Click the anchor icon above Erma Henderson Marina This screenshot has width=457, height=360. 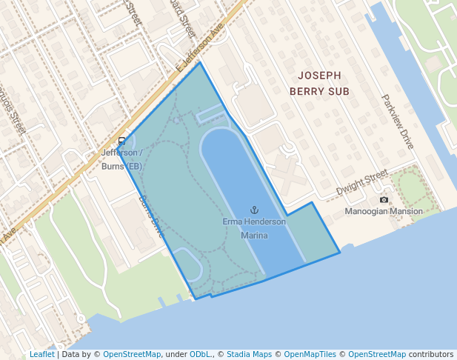click(254, 210)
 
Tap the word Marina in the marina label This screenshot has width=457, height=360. click(254, 236)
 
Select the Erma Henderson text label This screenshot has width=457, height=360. click(254, 222)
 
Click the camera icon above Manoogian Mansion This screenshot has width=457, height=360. click(384, 200)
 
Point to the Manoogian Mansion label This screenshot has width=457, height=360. click(384, 212)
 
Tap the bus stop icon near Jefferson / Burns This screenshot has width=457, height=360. click(122, 141)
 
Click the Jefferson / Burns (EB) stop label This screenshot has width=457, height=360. click(121, 159)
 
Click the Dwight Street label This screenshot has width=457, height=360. click(362, 182)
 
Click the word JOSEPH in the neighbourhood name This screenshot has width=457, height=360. click(319, 76)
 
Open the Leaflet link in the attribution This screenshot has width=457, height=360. click(41, 354)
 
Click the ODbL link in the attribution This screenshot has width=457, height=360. click(201, 354)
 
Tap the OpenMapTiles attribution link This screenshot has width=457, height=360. click(312, 354)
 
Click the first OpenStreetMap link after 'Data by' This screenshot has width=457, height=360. click(131, 354)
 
